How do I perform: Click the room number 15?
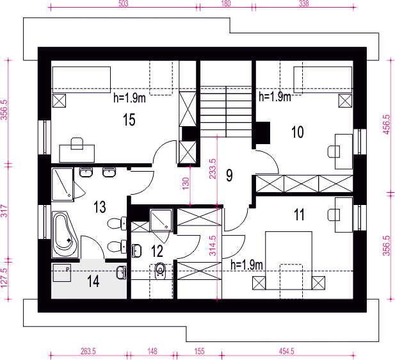click(129, 120)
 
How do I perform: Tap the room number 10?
click(297, 132)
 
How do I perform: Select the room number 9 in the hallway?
click(229, 176)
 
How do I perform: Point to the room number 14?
click(93, 281)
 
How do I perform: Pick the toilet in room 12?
click(160, 271)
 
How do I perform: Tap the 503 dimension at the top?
click(123, 3)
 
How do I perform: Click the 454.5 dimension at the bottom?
click(287, 351)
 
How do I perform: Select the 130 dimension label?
click(186, 184)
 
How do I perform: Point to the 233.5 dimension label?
click(213, 168)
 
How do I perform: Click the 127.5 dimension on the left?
click(4, 278)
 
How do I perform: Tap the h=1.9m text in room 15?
click(129, 98)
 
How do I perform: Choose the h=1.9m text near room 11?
click(246, 265)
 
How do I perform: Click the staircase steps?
click(226, 111)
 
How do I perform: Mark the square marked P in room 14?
click(61, 273)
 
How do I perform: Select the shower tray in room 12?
click(161, 220)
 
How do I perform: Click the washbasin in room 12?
click(136, 250)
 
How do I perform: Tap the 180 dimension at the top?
click(226, 3)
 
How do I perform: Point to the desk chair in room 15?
click(77, 143)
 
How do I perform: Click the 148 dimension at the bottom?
click(152, 351)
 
